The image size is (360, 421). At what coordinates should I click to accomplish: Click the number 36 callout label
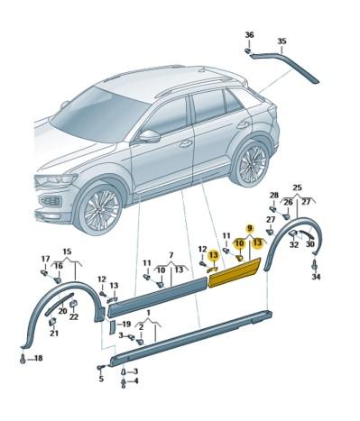pyautogui.click(x=249, y=34)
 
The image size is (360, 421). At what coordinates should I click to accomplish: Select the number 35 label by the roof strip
pyautogui.click(x=282, y=41)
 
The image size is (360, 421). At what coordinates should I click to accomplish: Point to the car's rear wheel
pyautogui.click(x=250, y=163)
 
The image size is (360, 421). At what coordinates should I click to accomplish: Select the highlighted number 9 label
pyautogui.click(x=250, y=229)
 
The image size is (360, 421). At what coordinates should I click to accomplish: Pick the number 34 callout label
pyautogui.click(x=316, y=277)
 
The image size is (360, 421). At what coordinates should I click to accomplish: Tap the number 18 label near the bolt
pyautogui.click(x=36, y=359)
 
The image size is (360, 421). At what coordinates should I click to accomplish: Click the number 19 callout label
pyautogui.click(x=126, y=324)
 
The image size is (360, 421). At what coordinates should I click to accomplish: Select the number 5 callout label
pyautogui.click(x=101, y=379)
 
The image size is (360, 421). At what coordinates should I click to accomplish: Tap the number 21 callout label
pyautogui.click(x=54, y=334)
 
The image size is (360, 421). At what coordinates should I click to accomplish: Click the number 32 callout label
pyautogui.click(x=293, y=244)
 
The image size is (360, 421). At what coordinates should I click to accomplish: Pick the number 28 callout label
pyautogui.click(x=273, y=196)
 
